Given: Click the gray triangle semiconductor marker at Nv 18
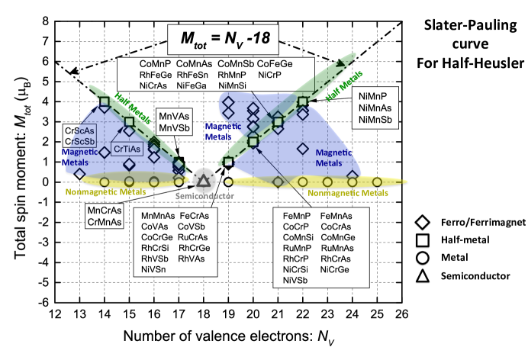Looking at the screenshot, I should click(204, 181).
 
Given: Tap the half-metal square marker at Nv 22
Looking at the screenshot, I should click(303, 101).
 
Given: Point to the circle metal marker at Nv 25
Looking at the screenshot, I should click(377, 182).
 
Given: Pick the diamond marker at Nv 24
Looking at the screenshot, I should click(353, 175).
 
